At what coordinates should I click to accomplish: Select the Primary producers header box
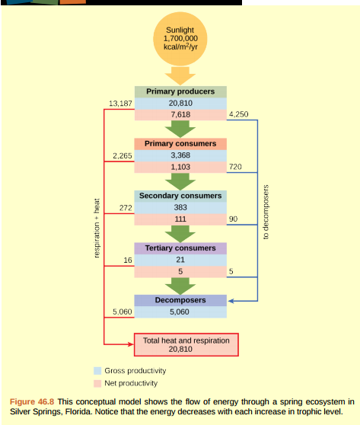(180, 91)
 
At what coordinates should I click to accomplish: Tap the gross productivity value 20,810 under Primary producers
(180, 103)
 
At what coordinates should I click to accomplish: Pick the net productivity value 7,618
(180, 115)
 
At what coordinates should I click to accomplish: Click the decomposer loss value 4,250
(238, 115)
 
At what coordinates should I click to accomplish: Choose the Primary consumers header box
(180, 143)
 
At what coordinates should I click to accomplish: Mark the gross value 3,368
(180, 155)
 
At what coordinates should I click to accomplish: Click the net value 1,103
(180, 167)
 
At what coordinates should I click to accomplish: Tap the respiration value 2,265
(123, 155)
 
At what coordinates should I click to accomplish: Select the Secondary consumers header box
(180, 196)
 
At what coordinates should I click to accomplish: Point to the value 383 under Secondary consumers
(180, 207)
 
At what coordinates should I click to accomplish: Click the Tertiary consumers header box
(180, 248)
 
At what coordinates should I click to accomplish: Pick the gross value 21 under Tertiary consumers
(180, 260)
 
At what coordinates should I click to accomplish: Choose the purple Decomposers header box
(180, 300)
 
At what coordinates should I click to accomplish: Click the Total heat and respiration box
(186, 345)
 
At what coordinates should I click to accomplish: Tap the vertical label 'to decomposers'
(266, 212)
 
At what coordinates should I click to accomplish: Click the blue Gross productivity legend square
(97, 370)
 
